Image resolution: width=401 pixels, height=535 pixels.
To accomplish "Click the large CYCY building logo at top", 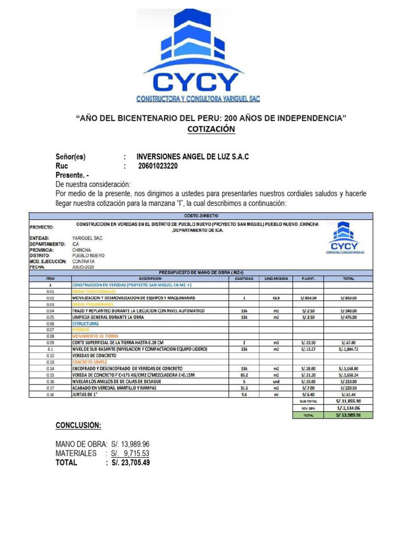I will pyautogui.click(x=200, y=55).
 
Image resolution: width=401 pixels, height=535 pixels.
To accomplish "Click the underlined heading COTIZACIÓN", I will pyautogui.click(x=211, y=129).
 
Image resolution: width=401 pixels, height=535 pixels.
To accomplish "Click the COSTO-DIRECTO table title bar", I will pyautogui.click(x=201, y=215).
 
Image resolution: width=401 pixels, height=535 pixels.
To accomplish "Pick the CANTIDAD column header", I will pyautogui.click(x=241, y=278).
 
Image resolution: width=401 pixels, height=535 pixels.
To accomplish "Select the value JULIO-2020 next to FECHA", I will pyautogui.click(x=83, y=266).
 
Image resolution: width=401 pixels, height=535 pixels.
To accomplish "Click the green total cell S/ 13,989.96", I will pyautogui.click(x=348, y=415).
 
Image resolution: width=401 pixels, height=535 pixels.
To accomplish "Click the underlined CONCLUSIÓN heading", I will pyautogui.click(x=79, y=425).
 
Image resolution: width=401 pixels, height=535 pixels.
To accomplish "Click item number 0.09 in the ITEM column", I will pyautogui.click(x=50, y=343).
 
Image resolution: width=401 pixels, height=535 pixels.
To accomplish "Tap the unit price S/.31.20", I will pyautogui.click(x=308, y=375).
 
